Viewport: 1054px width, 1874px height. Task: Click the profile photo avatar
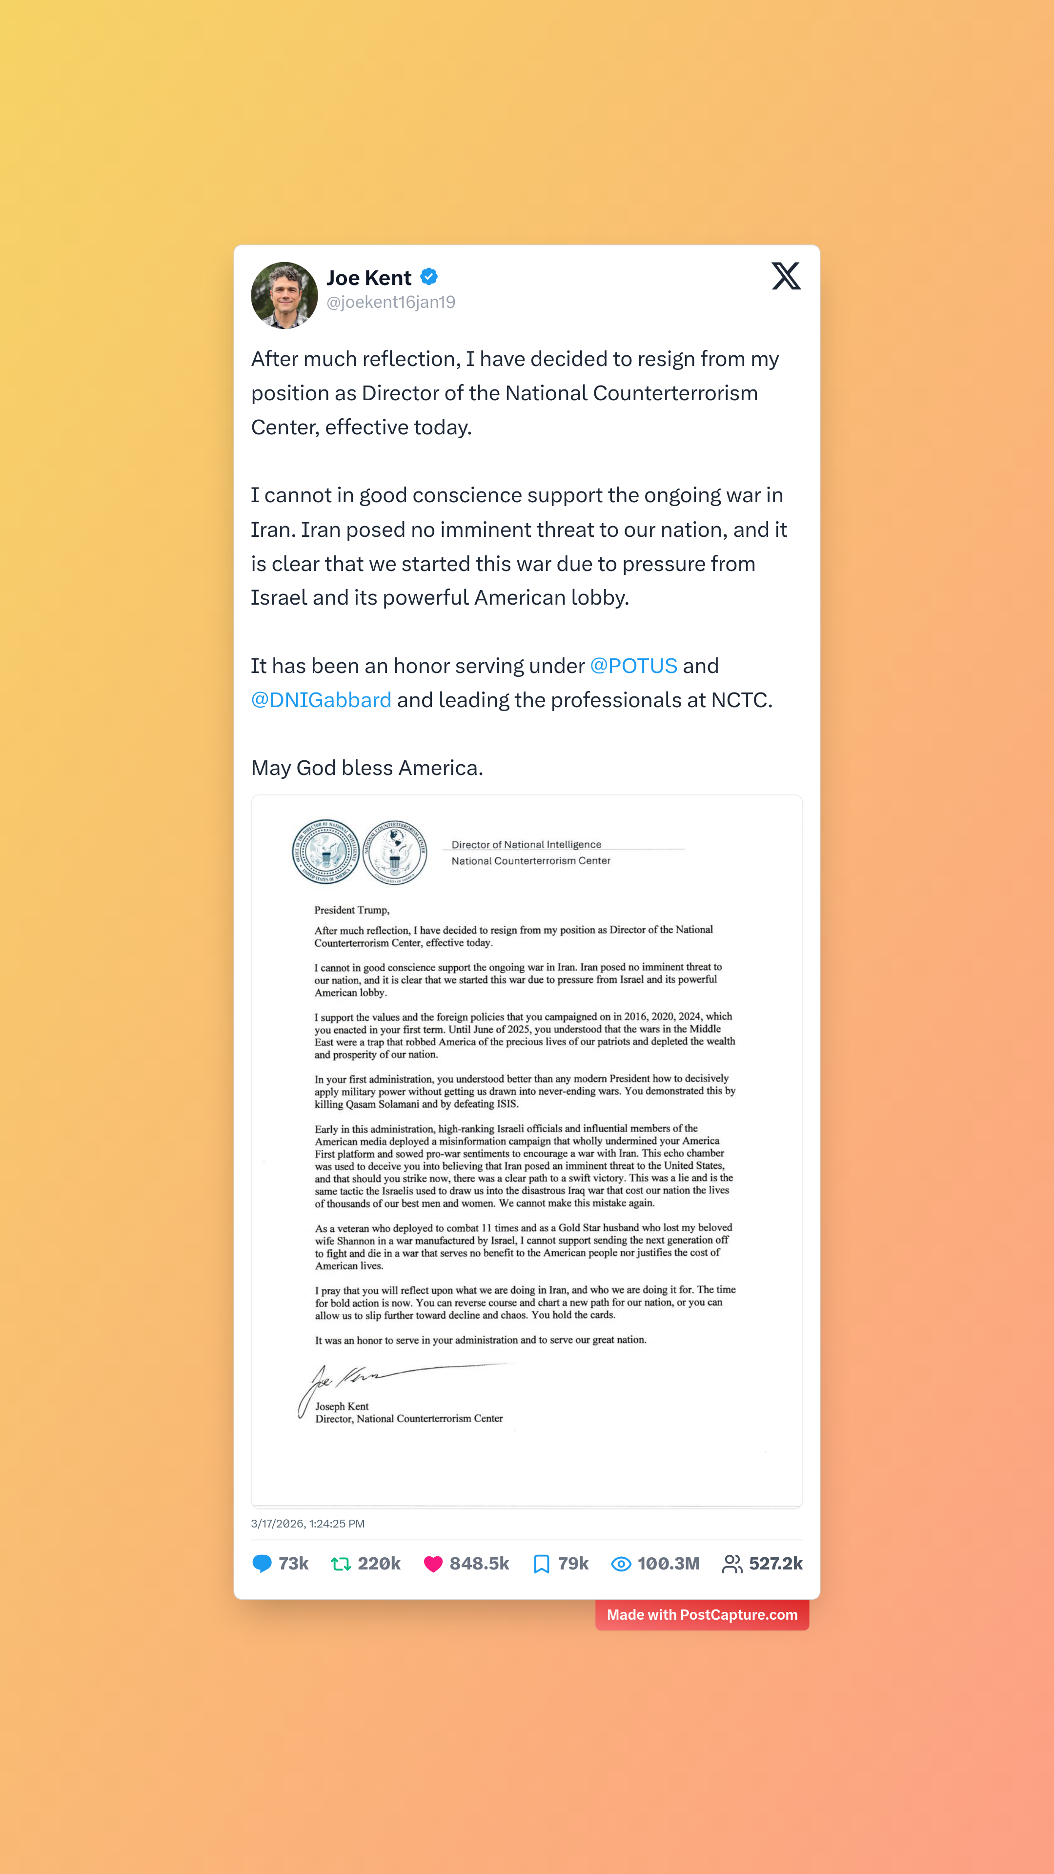click(x=284, y=295)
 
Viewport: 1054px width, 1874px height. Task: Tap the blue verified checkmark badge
click(x=429, y=276)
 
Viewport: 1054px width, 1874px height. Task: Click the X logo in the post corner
click(x=786, y=276)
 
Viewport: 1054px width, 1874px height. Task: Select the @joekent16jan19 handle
click(x=390, y=303)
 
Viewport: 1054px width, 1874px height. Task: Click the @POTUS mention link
click(x=633, y=666)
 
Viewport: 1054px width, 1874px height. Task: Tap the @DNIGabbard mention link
click(x=321, y=700)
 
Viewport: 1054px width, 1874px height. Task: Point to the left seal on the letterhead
click(x=325, y=851)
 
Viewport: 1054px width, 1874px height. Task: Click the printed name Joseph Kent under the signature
click(x=342, y=1406)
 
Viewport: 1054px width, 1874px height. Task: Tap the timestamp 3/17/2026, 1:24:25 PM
click(x=308, y=1523)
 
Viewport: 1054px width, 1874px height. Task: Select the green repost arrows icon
click(x=341, y=1563)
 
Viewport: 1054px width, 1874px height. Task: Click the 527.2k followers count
click(x=775, y=1563)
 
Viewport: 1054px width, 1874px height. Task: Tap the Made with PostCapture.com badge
click(x=702, y=1615)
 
